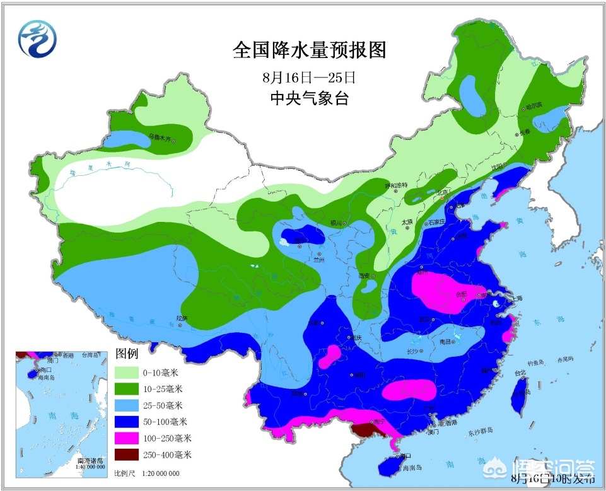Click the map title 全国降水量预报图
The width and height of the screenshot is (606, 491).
click(x=309, y=50)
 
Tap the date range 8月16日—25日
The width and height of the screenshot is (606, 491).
click(x=310, y=78)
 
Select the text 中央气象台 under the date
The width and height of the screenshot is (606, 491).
click(x=309, y=98)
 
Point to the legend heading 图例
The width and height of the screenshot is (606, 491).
click(x=127, y=353)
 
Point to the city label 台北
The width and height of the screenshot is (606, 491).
click(x=520, y=380)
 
